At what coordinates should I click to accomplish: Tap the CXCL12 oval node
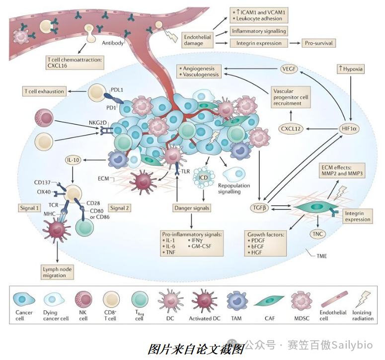[291, 129]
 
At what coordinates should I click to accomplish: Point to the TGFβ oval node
[259, 208]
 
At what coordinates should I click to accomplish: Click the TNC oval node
[317, 233]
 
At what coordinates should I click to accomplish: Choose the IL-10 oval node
[73, 160]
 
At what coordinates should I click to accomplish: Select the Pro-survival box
[318, 43]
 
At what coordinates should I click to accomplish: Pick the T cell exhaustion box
[44, 91]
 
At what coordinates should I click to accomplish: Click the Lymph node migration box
[59, 271]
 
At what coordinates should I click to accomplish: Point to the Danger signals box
[191, 208]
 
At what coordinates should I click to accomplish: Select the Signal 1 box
[30, 208]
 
